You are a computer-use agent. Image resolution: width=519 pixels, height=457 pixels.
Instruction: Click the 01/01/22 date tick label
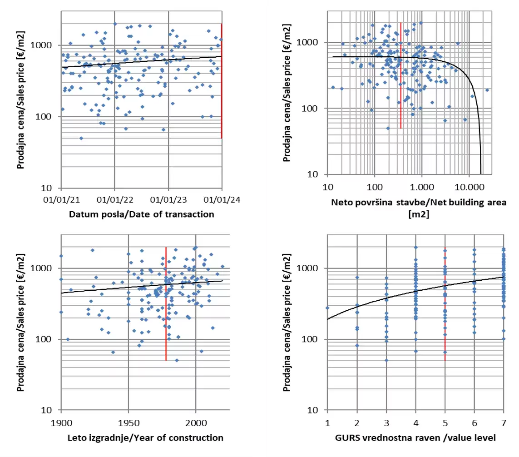point(114,199)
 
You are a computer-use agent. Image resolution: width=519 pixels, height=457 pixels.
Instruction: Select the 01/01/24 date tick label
point(222,199)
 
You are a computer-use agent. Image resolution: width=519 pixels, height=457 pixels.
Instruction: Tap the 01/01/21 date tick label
point(61,199)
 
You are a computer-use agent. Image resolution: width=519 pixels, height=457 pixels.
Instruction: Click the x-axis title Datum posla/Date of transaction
point(141,214)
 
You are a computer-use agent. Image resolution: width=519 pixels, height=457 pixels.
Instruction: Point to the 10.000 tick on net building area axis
point(469,186)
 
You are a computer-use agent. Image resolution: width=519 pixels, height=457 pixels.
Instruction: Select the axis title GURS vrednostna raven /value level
point(415,438)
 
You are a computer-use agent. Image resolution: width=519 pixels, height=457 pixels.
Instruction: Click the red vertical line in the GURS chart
point(445,318)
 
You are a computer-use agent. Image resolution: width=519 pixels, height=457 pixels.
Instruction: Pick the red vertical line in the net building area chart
point(401,91)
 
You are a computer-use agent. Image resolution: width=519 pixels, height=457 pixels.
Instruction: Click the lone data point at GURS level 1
point(327,308)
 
